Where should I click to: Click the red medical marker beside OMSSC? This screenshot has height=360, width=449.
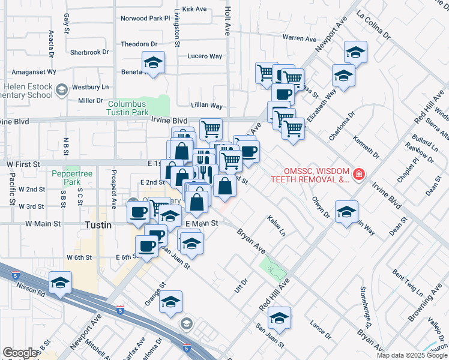pos(359,174)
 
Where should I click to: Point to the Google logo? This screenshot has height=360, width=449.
pos(20,353)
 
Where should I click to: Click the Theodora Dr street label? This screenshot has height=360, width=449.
pos(139,44)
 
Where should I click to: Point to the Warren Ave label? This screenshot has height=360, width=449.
pos(299,38)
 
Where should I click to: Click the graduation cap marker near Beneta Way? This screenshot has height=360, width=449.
pos(153,62)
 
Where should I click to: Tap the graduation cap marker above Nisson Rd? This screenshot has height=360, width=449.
pos(60,283)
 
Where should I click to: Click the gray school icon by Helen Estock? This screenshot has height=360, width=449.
pos(61,90)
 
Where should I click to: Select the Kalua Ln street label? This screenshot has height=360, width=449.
pos(277,225)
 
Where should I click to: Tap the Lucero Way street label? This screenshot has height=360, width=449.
pos(205,56)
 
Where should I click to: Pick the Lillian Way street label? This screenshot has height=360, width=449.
pos(206,106)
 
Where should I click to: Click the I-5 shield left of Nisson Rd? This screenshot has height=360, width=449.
pos(14,275)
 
